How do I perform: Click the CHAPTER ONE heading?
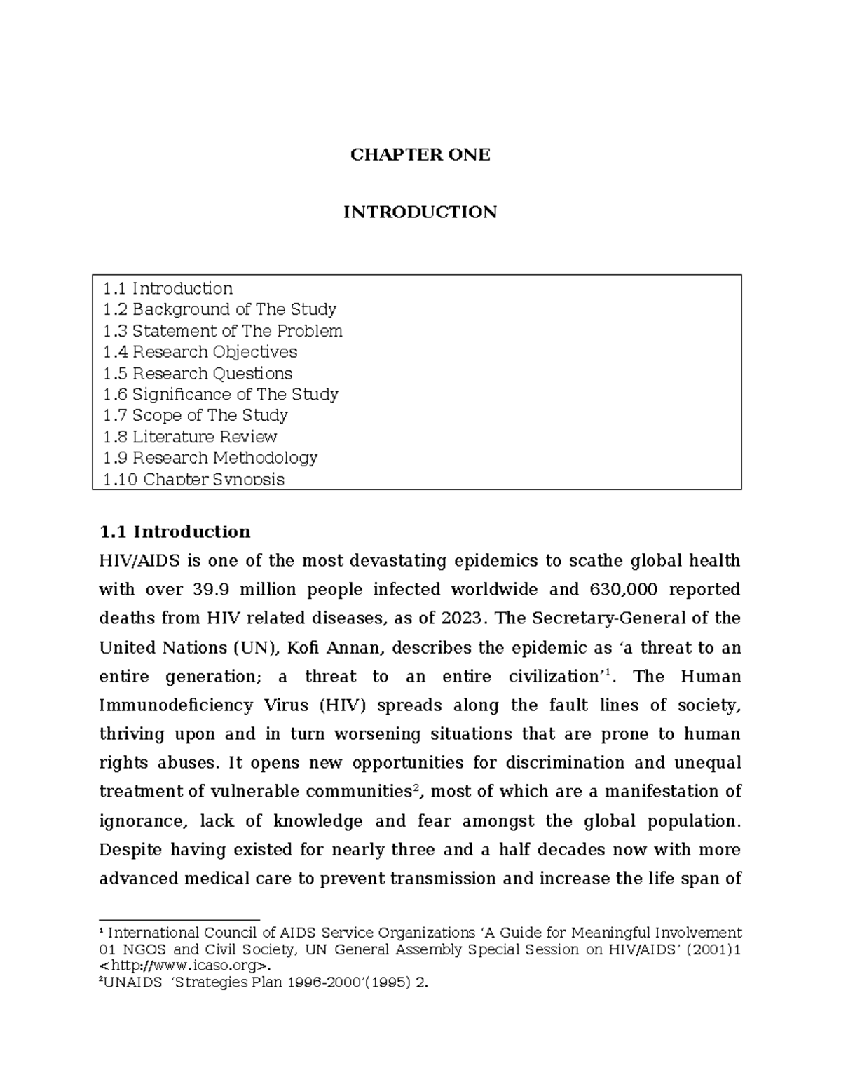pos(420,155)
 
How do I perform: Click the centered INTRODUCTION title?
pos(420,212)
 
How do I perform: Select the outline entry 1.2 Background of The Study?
pos(219,309)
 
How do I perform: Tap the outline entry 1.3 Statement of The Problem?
pos(222,331)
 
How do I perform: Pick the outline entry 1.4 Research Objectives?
pos(200,352)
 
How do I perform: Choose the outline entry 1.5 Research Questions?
pos(197,373)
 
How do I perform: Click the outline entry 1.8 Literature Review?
pos(189,437)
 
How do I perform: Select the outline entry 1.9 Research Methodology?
pos(210,458)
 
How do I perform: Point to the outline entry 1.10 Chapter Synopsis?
pos(193,480)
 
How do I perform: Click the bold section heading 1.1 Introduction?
pos(175,532)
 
